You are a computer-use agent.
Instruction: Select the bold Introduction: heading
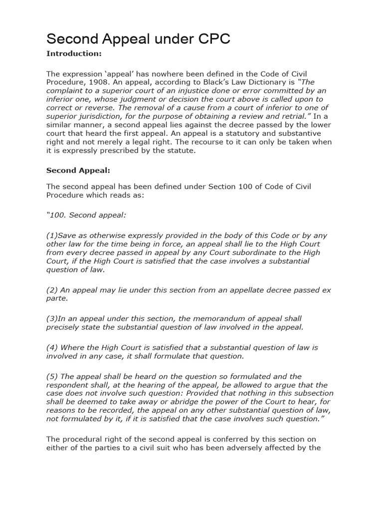(74, 54)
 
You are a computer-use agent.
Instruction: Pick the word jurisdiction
(95, 117)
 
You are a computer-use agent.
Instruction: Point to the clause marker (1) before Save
(52, 235)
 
